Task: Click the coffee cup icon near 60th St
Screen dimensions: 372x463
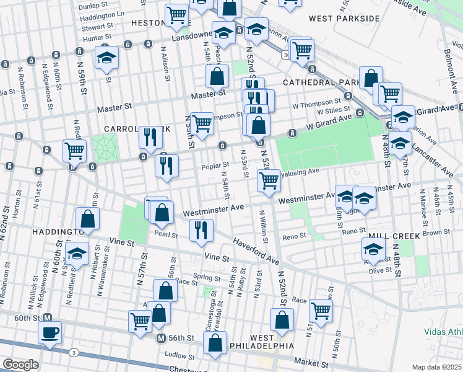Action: click(x=50, y=332)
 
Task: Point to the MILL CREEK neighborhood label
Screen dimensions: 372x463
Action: click(x=394, y=236)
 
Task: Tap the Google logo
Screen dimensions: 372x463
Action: click(x=20, y=365)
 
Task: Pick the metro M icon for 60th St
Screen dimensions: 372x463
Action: click(x=46, y=317)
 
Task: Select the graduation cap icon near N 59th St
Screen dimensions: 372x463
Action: click(x=106, y=58)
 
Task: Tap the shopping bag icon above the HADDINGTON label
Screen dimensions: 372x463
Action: click(x=88, y=218)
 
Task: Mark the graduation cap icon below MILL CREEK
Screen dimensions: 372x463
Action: click(x=374, y=249)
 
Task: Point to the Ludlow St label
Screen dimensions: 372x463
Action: click(x=181, y=355)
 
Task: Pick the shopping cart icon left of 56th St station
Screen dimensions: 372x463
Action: click(x=141, y=321)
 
